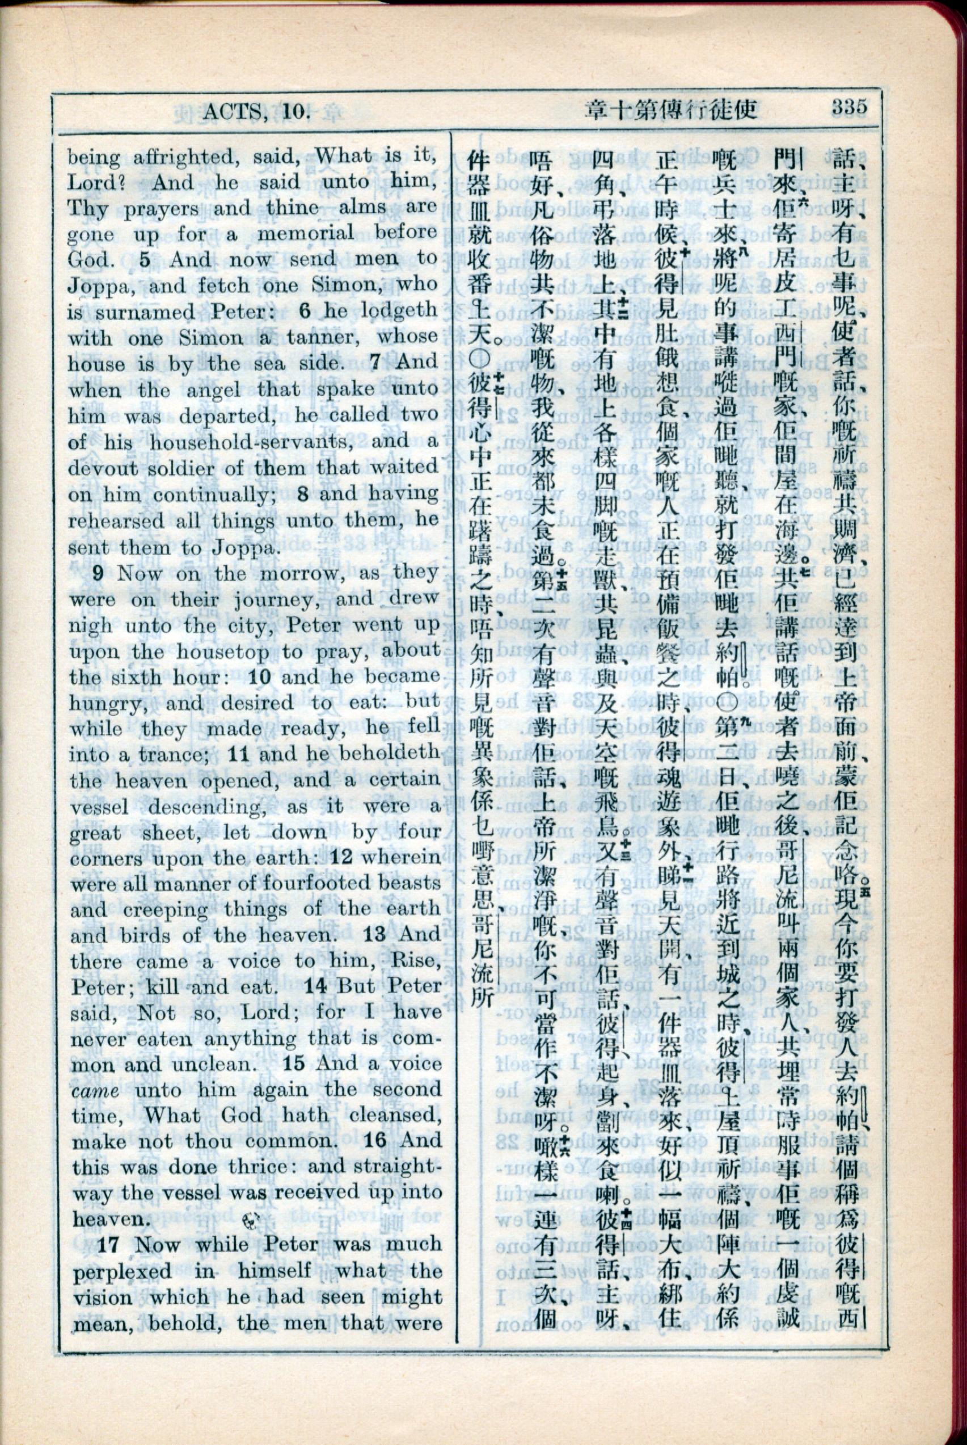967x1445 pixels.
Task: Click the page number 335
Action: [848, 107]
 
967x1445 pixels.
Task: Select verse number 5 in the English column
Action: [144, 260]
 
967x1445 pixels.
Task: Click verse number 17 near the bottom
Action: [108, 1244]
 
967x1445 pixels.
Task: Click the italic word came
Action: [96, 1091]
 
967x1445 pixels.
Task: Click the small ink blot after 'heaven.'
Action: [253, 1219]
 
